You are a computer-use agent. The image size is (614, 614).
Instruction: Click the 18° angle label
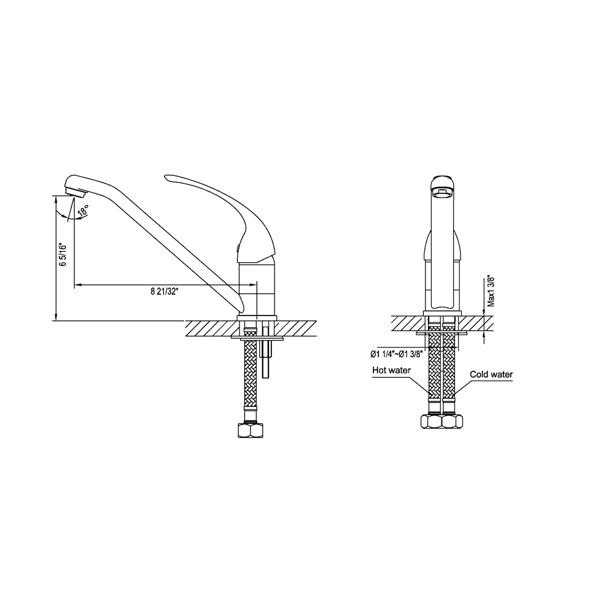[x=84, y=211]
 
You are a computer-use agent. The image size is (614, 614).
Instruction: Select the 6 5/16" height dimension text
[x=63, y=255]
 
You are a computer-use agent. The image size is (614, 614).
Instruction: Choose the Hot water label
[x=391, y=370]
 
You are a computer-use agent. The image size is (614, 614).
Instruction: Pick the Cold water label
[x=491, y=375]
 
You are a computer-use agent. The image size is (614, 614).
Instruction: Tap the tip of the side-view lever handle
[x=167, y=177]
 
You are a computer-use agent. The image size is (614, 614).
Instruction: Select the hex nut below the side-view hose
[x=251, y=430]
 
